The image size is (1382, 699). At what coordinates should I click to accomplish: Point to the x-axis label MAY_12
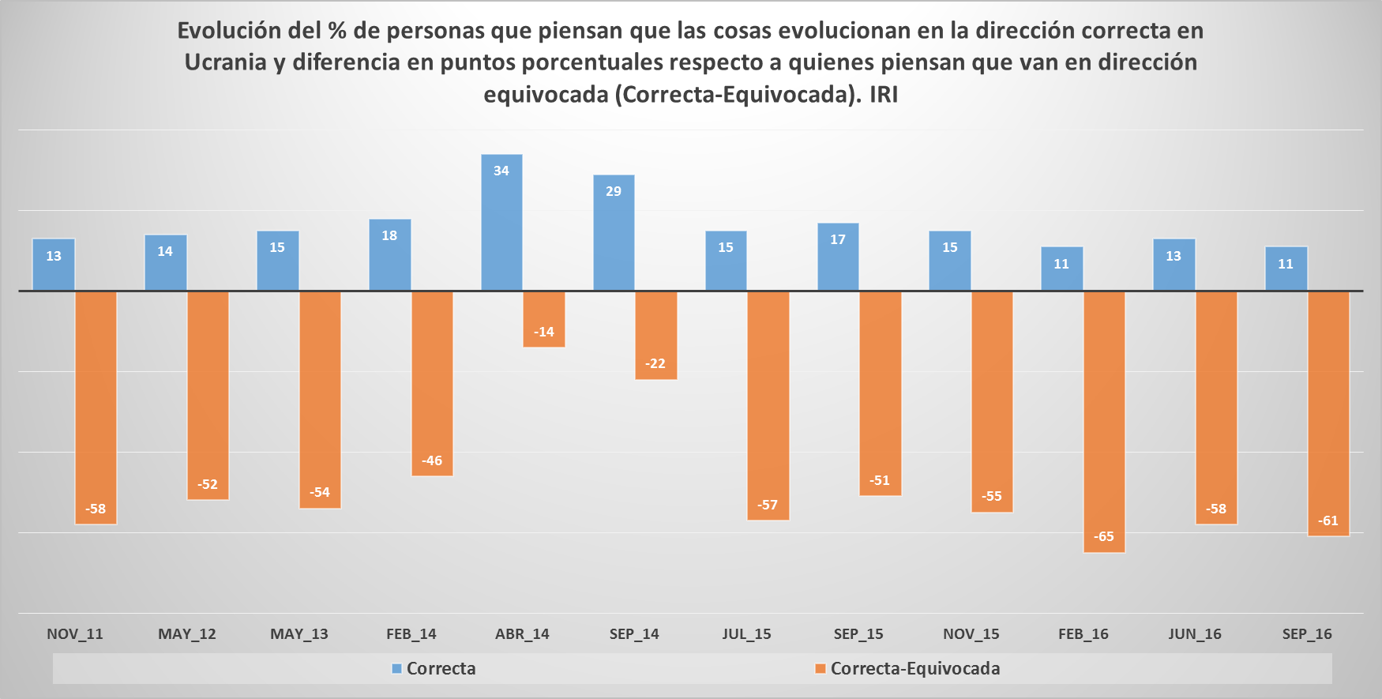(187, 634)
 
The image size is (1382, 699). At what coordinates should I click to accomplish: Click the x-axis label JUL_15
(746, 634)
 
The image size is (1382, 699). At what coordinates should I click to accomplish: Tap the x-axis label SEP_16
(1307, 634)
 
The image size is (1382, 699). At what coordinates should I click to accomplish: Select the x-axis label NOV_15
(971, 634)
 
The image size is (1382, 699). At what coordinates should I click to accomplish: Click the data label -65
(1104, 537)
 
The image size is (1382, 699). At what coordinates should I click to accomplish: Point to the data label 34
(501, 171)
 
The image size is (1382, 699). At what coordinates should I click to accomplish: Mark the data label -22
(655, 364)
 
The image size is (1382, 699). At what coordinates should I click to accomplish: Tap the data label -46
(432, 461)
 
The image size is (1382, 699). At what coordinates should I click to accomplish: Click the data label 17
(838, 240)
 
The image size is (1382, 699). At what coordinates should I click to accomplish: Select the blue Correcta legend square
(397, 669)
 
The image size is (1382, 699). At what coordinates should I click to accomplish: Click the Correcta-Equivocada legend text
(915, 669)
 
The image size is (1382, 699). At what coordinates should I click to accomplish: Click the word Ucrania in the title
(226, 62)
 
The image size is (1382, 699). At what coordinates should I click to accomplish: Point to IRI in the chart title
(884, 95)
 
